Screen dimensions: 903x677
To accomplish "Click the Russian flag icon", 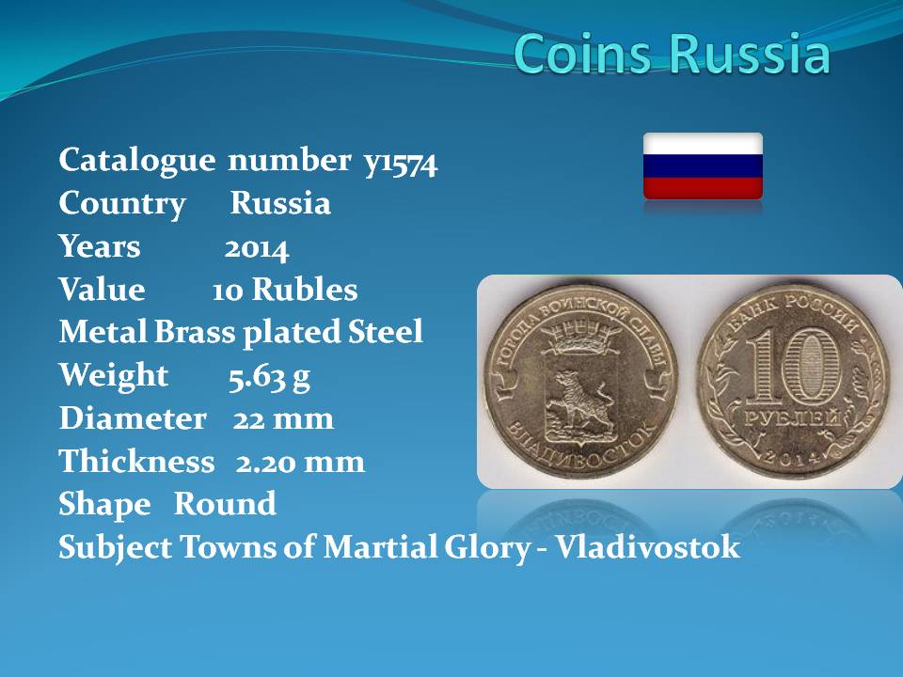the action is click(703, 165).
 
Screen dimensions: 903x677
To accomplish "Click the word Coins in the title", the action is click(582, 54).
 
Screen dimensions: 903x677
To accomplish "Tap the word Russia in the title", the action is click(749, 54).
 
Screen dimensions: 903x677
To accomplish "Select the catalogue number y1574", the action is click(401, 162).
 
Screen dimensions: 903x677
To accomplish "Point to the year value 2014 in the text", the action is click(256, 249).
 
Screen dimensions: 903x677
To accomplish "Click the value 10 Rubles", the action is click(284, 290).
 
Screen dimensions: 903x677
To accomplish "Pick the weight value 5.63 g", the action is click(269, 378).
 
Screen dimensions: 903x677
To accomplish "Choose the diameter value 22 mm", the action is click(283, 418).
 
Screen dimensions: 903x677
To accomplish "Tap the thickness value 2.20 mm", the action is click(300, 462).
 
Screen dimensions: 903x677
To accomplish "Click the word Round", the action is click(225, 504).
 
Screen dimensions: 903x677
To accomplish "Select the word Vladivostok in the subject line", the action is click(648, 546).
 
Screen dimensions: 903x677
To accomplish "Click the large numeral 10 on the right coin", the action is click(795, 366).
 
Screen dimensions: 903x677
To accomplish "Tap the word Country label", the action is click(122, 204).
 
